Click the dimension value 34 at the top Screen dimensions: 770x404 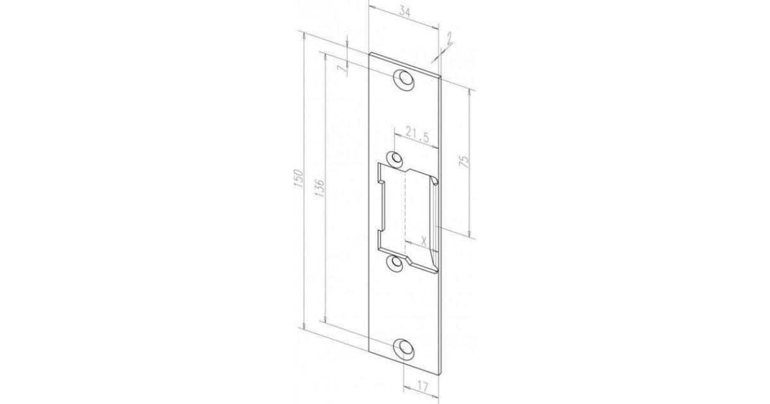click(405, 12)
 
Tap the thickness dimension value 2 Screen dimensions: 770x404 click(449, 39)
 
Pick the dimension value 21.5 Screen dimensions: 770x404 click(417, 134)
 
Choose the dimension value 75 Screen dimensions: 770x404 click(464, 162)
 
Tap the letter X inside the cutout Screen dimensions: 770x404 click(424, 242)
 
